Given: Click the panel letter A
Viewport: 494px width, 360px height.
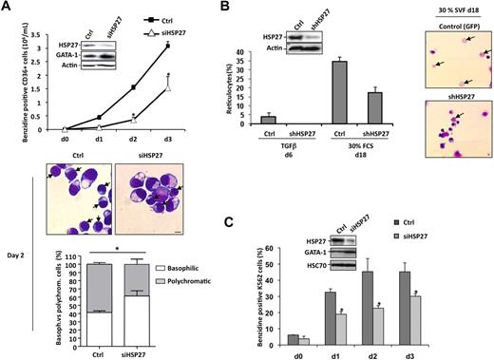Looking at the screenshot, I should pos(8,8).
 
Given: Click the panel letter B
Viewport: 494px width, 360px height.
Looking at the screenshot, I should pos(220,8).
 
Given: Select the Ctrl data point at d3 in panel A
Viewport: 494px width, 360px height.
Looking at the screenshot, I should pos(166,45).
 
